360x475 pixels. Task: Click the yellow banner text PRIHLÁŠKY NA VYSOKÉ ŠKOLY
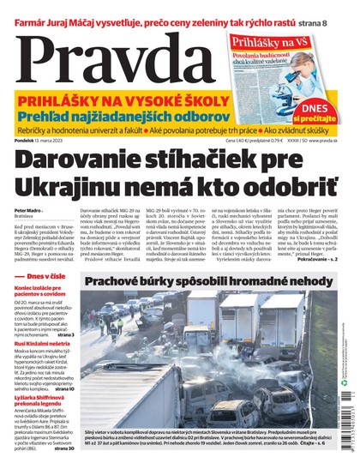128,99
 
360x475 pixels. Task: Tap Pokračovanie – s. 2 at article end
324,259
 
